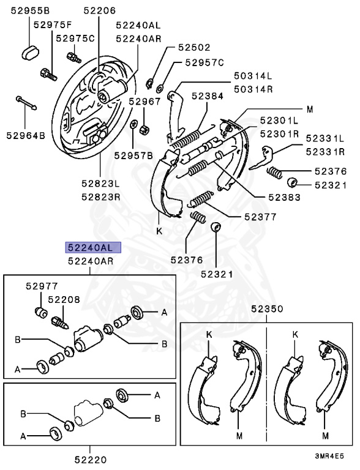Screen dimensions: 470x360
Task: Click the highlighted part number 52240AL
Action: click(x=94, y=248)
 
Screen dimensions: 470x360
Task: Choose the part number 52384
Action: click(x=207, y=96)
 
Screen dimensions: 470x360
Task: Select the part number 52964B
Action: click(x=26, y=135)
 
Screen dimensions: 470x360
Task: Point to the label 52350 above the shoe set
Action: click(x=266, y=310)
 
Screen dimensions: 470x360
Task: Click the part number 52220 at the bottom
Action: click(x=90, y=459)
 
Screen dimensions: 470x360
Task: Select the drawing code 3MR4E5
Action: click(x=329, y=456)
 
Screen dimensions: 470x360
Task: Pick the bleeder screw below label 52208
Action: click(x=61, y=321)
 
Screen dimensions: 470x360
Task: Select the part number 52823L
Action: click(x=100, y=183)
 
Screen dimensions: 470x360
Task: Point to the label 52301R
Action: click(x=280, y=133)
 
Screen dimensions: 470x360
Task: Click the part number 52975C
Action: click(x=75, y=38)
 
